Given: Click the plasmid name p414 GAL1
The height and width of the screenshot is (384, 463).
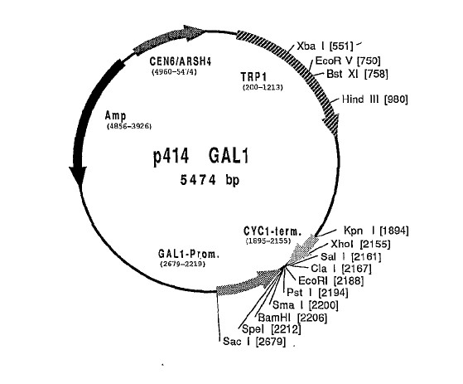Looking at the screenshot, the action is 200,156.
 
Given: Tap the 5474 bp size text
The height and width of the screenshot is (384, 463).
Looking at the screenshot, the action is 210,179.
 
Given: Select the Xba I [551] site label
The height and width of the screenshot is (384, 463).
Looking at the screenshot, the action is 325,46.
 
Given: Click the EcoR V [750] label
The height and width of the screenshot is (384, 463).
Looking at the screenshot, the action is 348,61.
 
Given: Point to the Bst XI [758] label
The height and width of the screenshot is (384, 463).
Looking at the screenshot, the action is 357,74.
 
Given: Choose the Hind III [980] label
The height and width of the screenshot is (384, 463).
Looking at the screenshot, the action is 374,99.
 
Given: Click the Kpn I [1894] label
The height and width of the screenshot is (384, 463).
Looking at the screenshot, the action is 376,231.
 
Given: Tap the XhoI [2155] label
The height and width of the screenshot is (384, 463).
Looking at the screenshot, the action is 360,244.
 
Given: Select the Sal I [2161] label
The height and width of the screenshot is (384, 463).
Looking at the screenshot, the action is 351,256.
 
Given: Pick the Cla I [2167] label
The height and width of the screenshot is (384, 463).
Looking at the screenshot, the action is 341,269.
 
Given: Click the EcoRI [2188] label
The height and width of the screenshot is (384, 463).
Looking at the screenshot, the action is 331,280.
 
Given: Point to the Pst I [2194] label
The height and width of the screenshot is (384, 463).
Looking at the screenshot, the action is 317,293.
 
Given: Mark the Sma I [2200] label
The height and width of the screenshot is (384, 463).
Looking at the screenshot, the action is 306,304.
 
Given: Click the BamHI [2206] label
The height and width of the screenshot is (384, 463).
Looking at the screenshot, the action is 292,318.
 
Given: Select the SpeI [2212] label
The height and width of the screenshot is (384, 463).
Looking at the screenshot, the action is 272,328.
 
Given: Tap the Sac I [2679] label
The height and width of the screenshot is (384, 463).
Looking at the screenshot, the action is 254,342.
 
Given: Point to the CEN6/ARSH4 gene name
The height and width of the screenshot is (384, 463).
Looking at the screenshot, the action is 180,61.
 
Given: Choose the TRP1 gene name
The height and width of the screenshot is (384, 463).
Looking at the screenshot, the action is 253,77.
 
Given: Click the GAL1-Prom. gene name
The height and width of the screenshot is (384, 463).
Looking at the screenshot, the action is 189,254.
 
